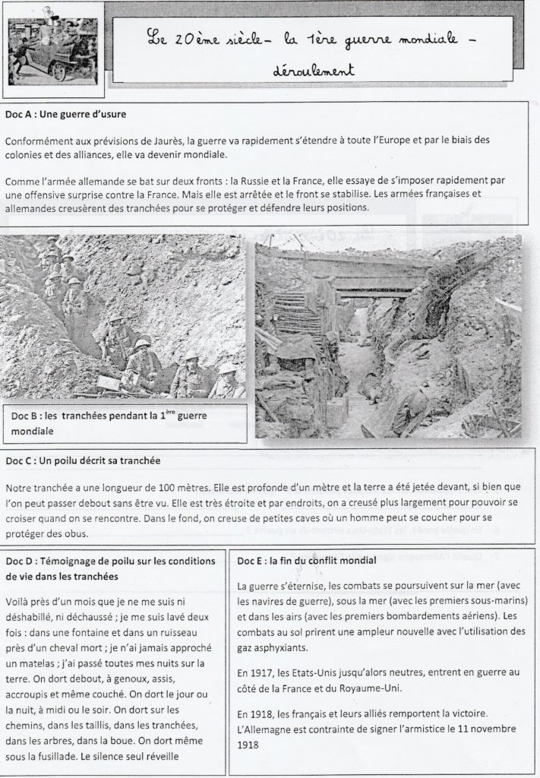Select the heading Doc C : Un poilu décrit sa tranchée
(86, 460)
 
